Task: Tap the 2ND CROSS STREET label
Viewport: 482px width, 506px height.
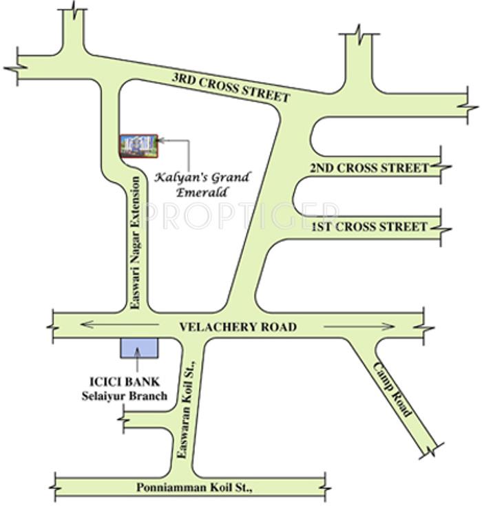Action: pos(369,168)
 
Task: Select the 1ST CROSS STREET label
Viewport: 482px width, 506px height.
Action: pos(369,226)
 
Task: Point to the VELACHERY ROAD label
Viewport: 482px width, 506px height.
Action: pos(238,327)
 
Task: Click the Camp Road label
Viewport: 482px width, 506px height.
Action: pos(393,389)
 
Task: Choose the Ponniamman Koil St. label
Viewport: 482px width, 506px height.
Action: pos(194,487)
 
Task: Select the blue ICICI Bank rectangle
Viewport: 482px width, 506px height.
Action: pos(139,348)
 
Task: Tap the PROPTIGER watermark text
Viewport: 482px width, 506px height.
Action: pos(241,215)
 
